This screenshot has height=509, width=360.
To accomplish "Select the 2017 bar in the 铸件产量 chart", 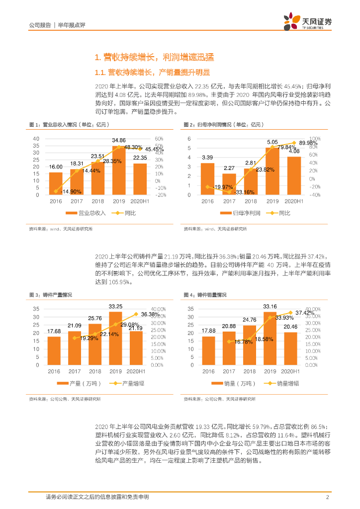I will pos(75,347).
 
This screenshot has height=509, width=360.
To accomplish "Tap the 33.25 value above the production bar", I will pos(116,307).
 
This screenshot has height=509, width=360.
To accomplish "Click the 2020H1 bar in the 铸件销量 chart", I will pos(290,348).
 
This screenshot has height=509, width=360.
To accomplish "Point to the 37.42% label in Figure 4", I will pos(305,313).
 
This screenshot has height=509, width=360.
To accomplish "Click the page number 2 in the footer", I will pos(327,497).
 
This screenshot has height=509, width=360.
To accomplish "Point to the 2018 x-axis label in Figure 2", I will pos(250,202).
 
